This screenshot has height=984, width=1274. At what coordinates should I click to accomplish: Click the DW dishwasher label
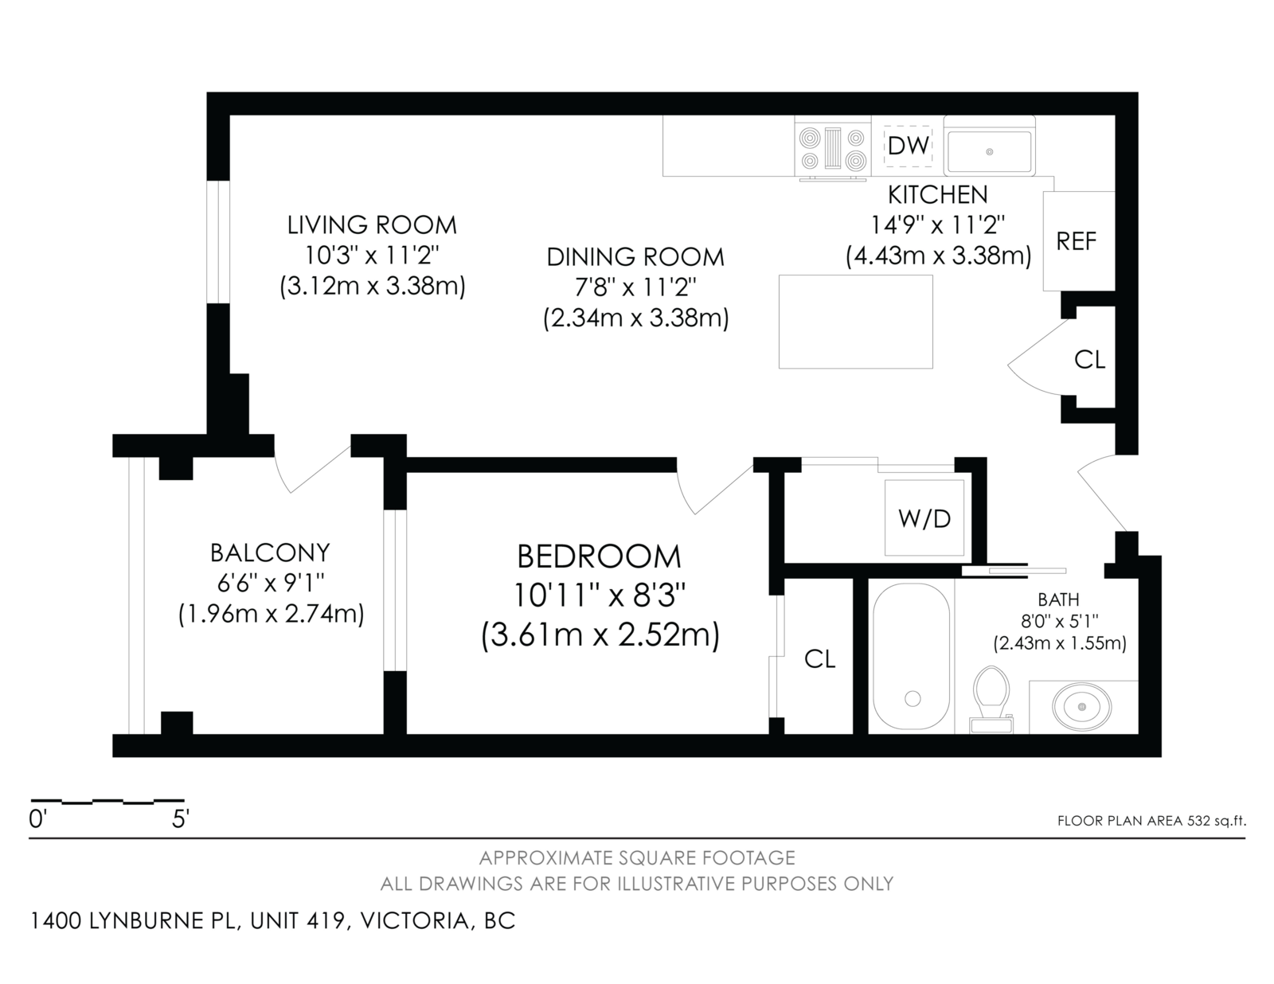909,146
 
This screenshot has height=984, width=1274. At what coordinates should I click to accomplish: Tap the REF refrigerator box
1079,241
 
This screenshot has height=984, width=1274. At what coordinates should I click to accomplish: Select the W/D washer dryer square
924,518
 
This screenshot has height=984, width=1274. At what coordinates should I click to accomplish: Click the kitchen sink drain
990,152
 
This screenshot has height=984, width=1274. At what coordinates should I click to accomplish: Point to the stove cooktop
833,149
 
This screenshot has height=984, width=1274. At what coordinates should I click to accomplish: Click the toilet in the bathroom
991,698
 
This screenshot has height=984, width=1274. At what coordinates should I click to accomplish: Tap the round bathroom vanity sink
1081,707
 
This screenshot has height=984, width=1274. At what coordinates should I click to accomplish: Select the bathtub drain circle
913,698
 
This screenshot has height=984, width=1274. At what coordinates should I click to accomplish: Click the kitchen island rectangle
855,322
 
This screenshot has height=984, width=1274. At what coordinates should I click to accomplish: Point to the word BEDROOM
600,556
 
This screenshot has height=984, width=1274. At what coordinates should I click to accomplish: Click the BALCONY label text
270,553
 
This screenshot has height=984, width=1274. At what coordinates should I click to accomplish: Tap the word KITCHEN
938,194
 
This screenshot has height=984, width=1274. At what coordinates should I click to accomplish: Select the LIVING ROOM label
372,225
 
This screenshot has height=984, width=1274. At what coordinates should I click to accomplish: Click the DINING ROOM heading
635,257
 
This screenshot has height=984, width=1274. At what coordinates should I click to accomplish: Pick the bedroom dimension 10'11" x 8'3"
600,596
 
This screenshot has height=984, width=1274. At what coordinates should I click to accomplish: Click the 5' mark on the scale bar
180,819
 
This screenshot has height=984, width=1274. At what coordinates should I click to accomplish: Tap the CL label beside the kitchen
1089,360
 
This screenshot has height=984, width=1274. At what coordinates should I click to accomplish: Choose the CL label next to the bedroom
819,659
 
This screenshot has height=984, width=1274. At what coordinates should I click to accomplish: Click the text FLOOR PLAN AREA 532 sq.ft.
1151,821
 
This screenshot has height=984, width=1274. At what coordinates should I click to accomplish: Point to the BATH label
1058,599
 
